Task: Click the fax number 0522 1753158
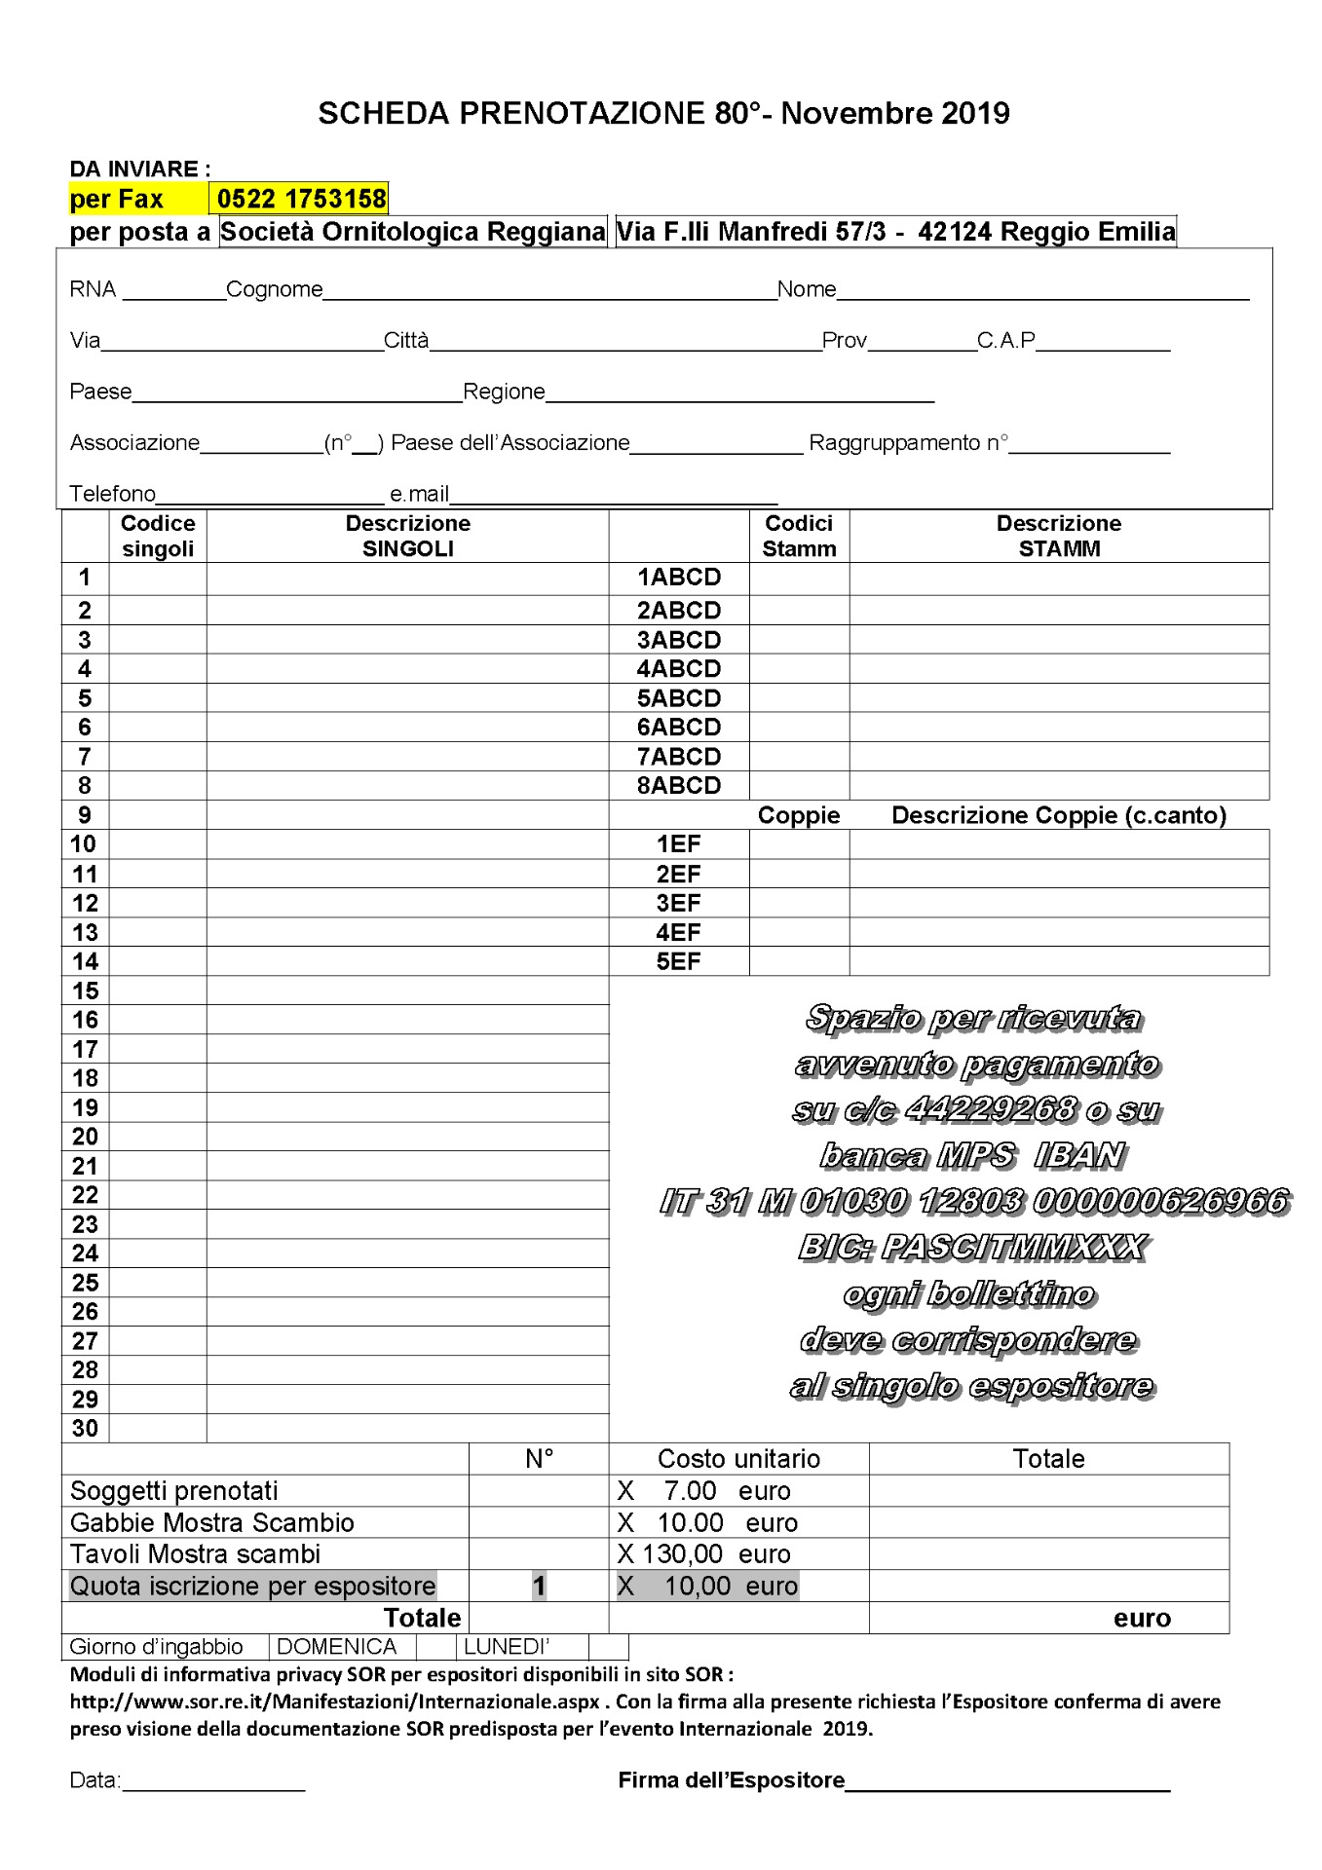pos(301,199)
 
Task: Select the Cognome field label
pos(274,289)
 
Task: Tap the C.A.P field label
pos(1005,340)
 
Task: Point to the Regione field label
pos(504,392)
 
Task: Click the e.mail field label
pos(419,494)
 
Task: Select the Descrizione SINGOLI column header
pos(407,536)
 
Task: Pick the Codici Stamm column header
pos(799,536)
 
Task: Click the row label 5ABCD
pos(679,698)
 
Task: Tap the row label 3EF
pos(678,903)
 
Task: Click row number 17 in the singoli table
pos(86,1049)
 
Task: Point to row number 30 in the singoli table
pos(86,1429)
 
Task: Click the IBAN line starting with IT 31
pos(974,1201)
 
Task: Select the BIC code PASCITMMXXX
pos(972,1247)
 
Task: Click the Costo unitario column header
pos(738,1459)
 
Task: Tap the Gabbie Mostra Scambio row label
pos(211,1522)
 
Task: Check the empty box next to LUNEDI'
pos(608,1647)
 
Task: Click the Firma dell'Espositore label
pos(731,1780)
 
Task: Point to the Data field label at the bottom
pos(94,1780)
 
